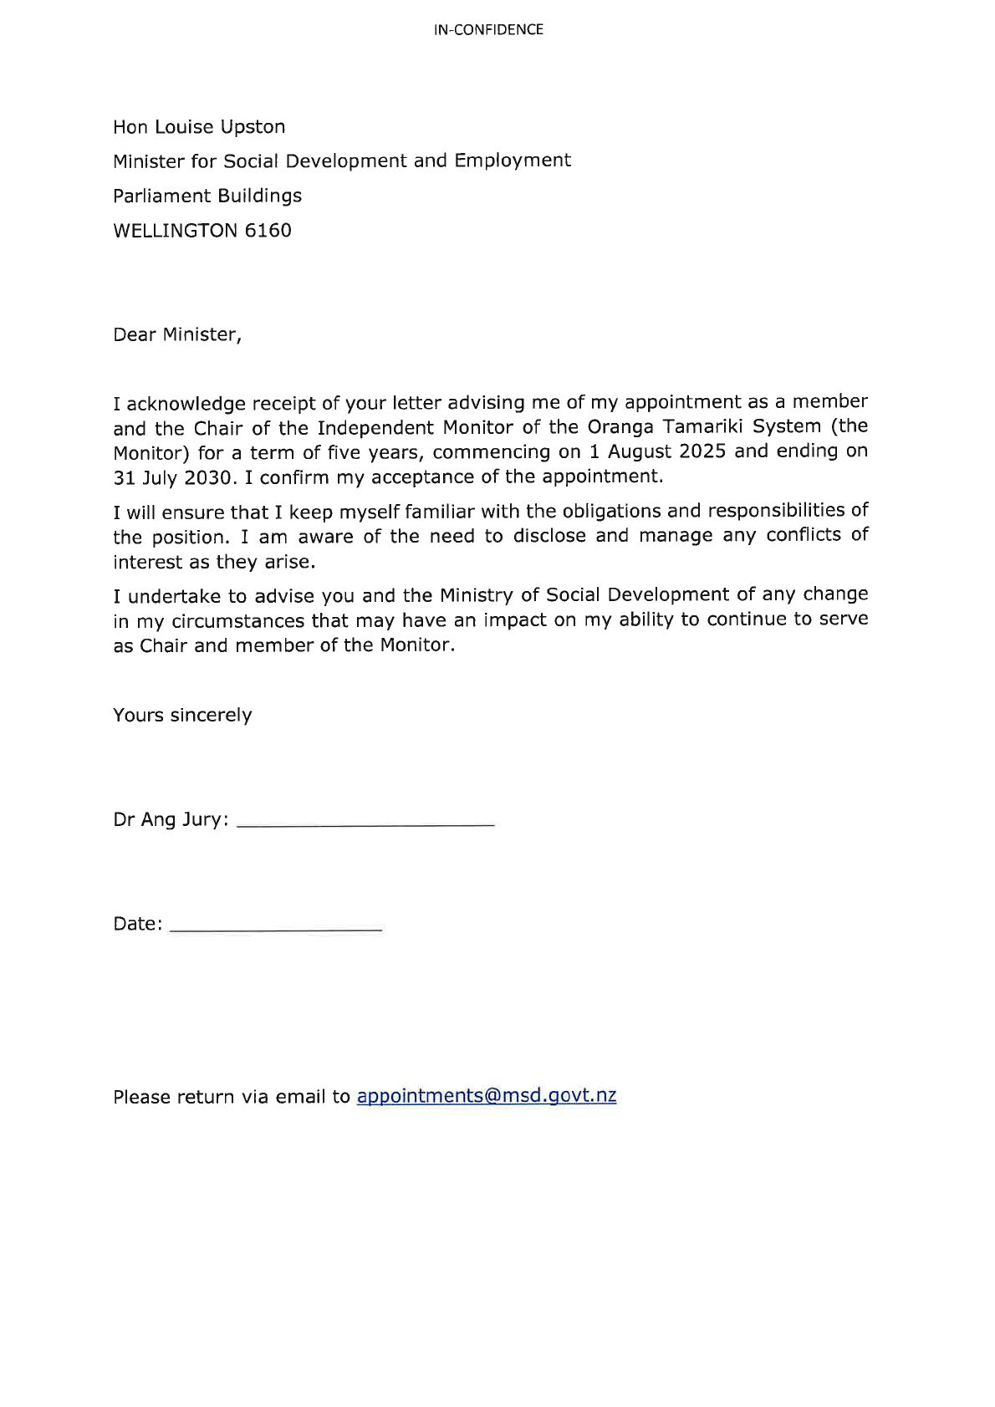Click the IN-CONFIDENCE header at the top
488,30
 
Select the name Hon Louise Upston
199,127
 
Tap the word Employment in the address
513,161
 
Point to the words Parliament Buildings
207,196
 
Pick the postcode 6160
268,231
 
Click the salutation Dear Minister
177,334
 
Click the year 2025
701,451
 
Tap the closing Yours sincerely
182,716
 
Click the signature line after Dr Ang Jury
365,825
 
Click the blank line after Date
275,929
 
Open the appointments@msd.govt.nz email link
486,1097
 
